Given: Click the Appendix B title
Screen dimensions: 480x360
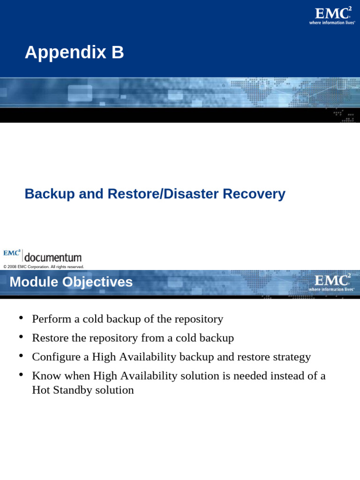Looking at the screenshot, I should [74, 52].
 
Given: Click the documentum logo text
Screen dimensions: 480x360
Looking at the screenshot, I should [52, 257].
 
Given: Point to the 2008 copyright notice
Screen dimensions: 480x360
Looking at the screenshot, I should [44, 267].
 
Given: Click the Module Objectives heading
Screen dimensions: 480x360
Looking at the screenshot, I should [71, 282].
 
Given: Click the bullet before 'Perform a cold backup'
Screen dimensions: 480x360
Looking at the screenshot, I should [21, 319].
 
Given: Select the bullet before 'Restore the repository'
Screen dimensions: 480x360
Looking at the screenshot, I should [21, 337].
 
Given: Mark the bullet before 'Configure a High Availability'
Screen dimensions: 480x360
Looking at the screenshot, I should [21, 356].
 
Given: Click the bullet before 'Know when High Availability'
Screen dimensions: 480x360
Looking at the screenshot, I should [21, 375].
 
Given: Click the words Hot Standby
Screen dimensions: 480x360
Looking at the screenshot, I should [62, 390].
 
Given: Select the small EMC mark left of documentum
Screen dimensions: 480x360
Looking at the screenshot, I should [12, 253].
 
